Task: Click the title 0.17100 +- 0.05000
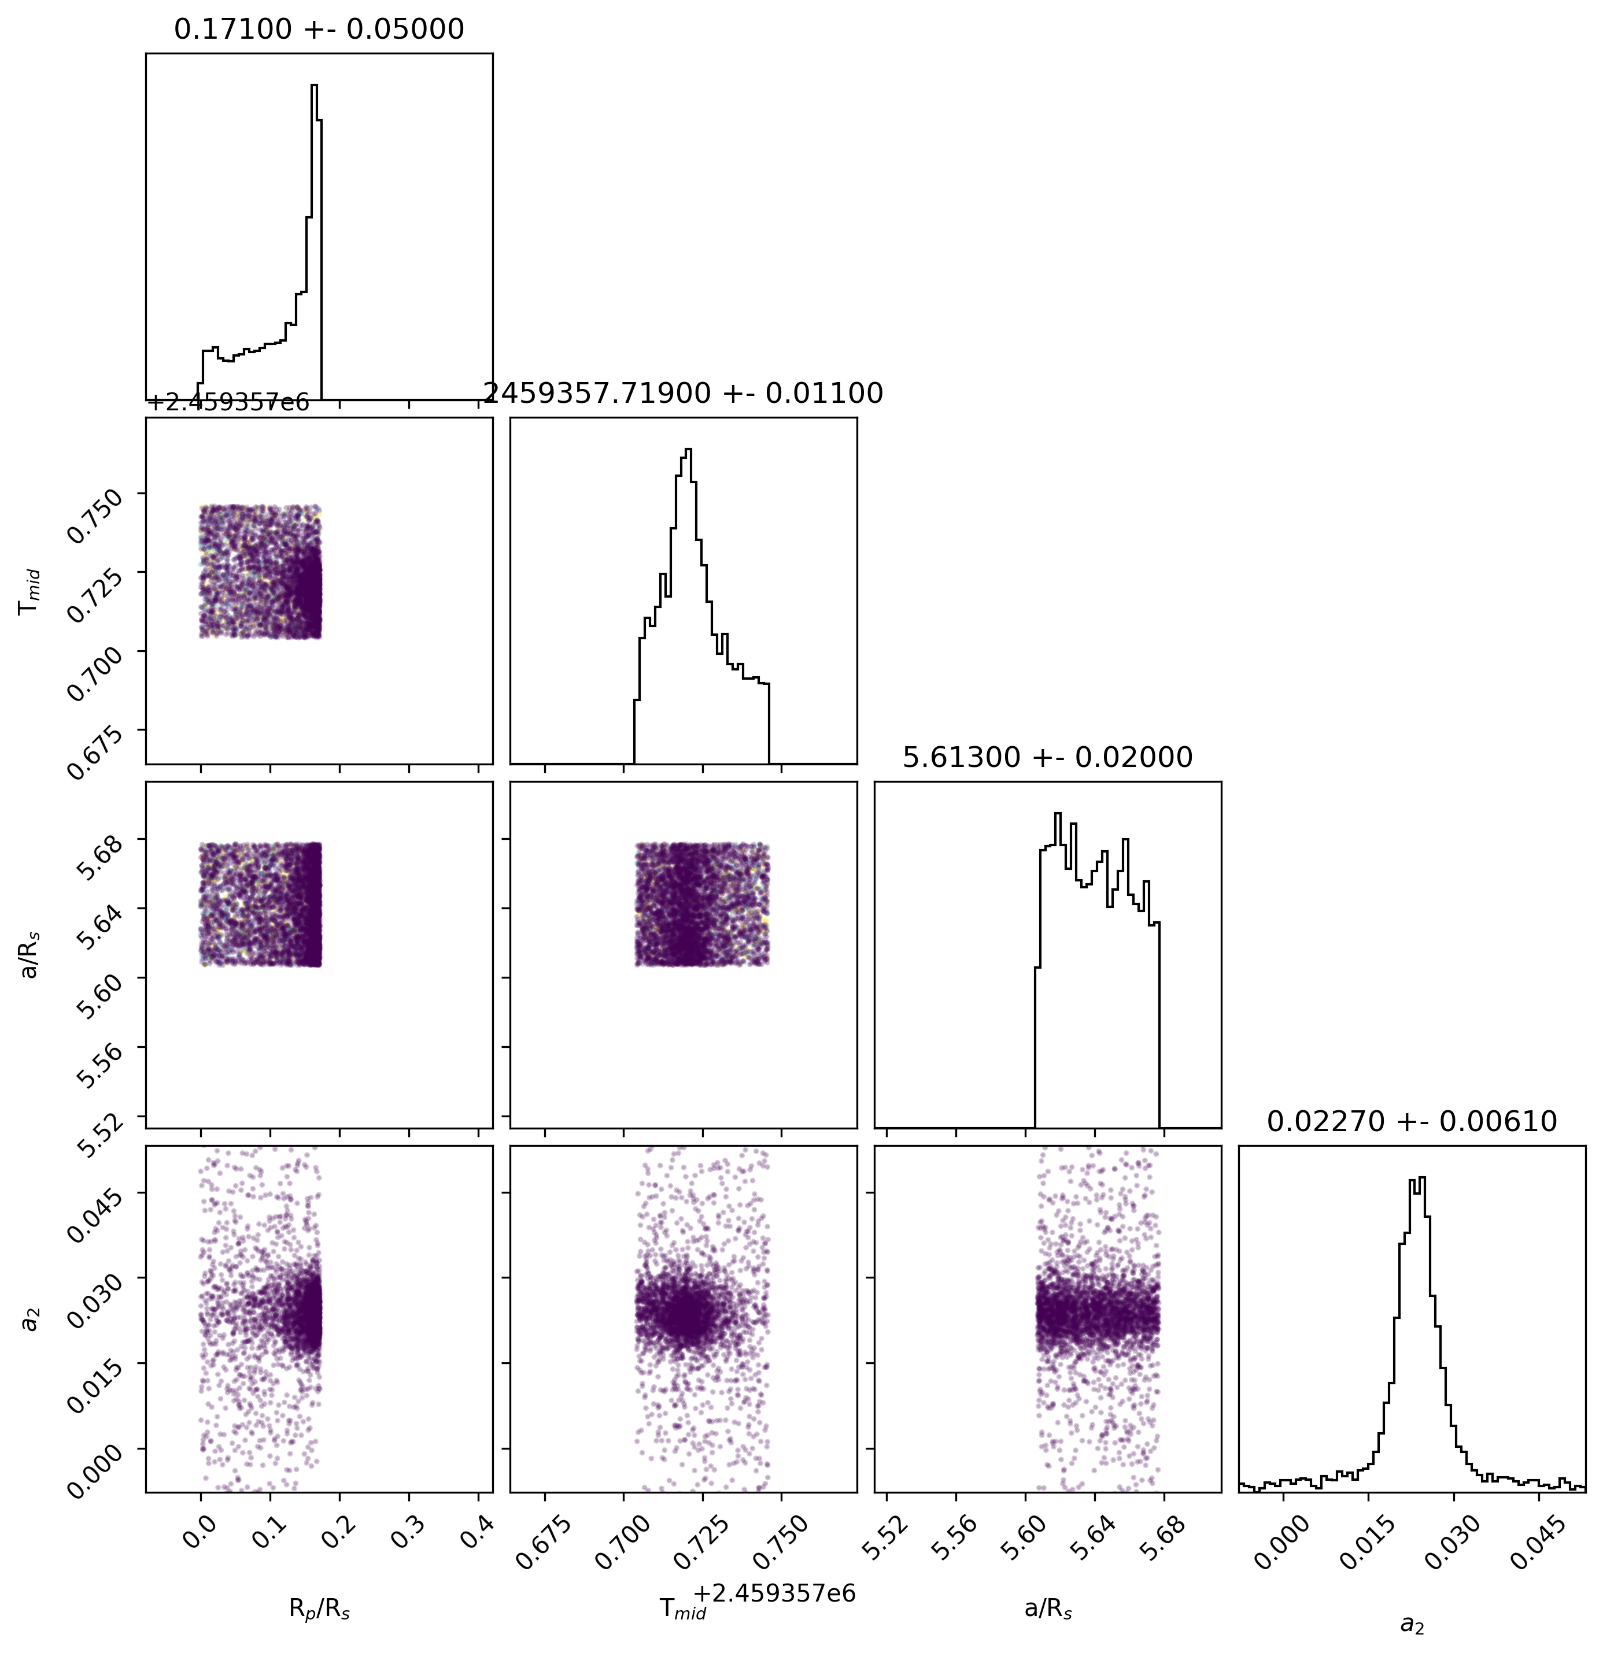click(x=319, y=29)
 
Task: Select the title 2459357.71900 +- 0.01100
click(x=684, y=393)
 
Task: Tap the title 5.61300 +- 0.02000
click(x=1048, y=757)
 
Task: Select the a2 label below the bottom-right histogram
click(x=1412, y=1624)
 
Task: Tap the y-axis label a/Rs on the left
click(x=31, y=955)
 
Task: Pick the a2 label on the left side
click(x=31, y=1318)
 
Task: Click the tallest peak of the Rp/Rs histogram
click(x=314, y=85)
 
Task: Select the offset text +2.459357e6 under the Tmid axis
click(x=774, y=1593)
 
